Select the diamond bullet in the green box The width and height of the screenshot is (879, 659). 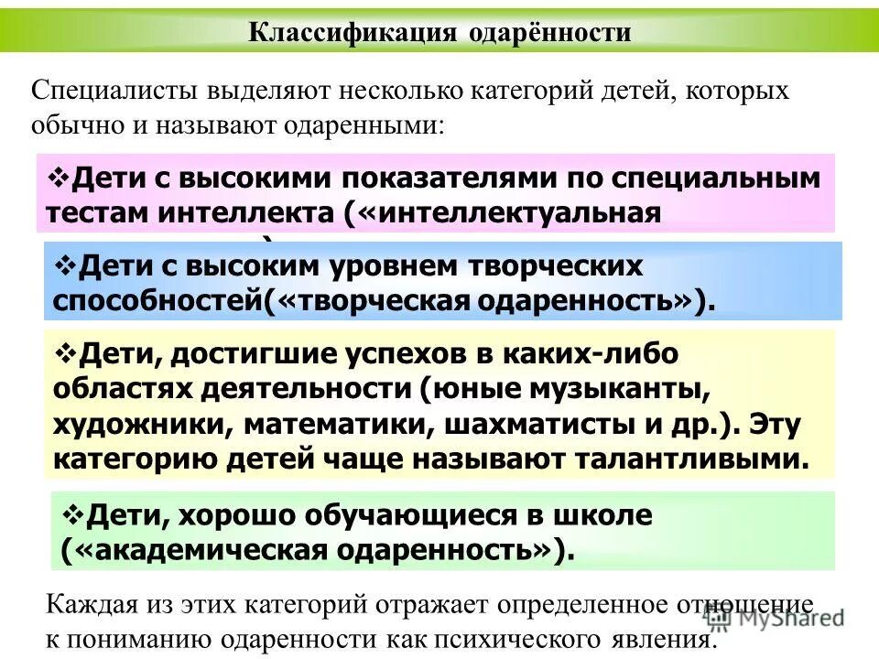click(x=73, y=514)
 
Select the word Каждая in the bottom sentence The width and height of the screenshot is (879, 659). click(x=88, y=605)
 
